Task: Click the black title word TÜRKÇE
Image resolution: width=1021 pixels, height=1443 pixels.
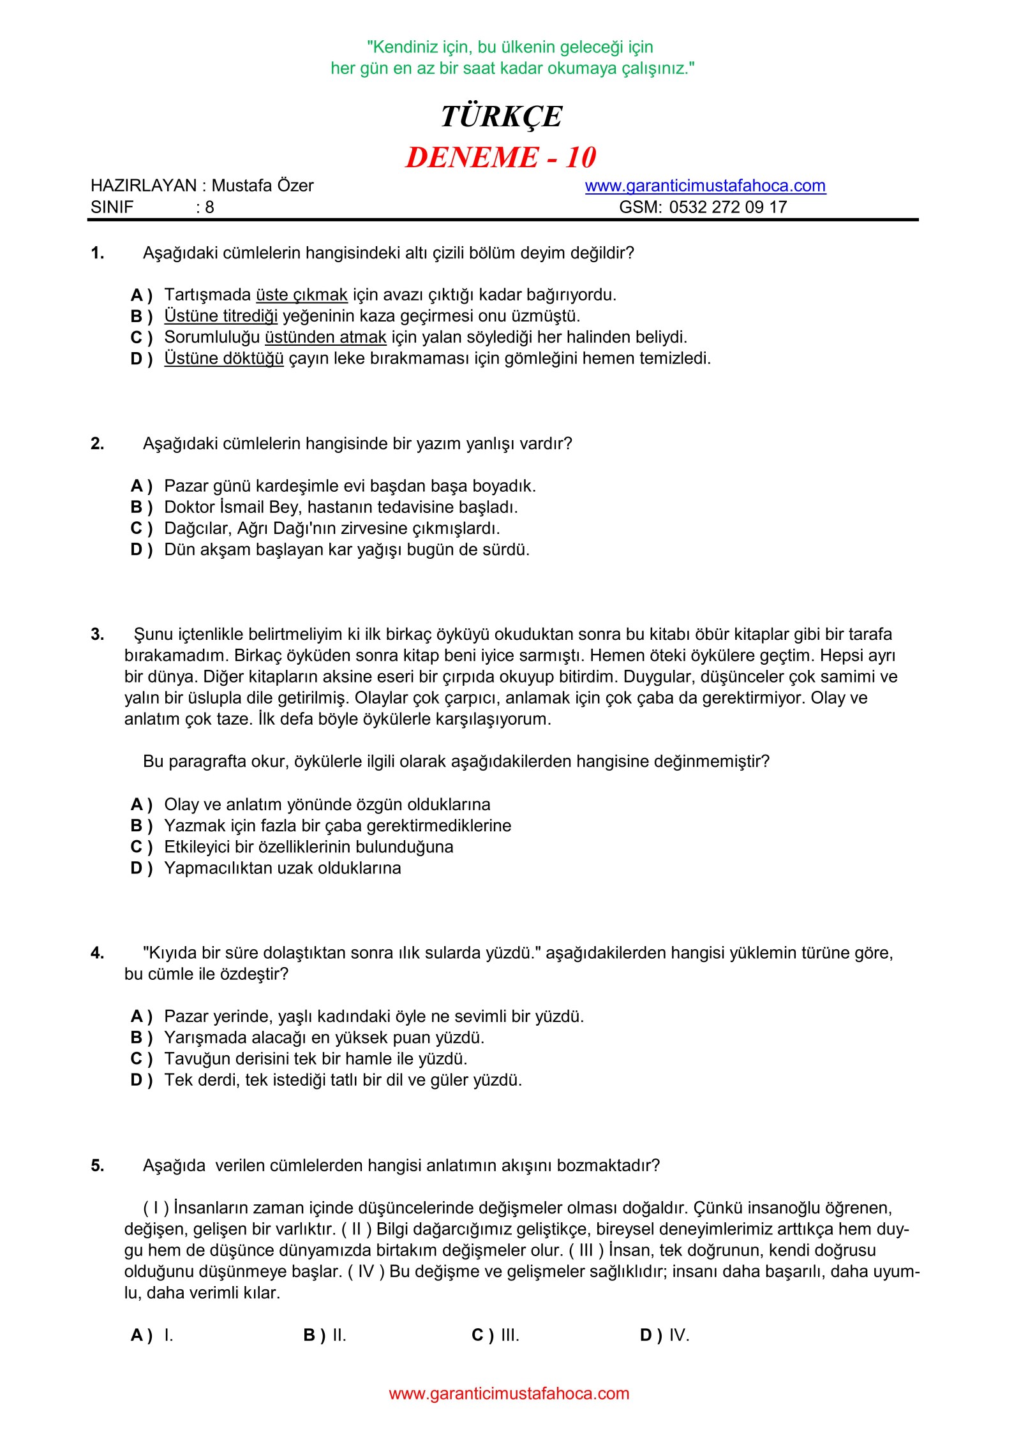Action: click(501, 117)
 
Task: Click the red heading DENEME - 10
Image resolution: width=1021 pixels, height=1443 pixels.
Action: click(501, 158)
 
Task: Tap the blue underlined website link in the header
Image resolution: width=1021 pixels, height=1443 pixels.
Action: click(705, 186)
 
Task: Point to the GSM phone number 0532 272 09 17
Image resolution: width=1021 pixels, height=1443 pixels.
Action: click(727, 207)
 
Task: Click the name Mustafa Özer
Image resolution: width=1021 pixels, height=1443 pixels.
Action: click(262, 186)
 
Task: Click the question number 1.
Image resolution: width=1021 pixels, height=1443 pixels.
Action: click(97, 253)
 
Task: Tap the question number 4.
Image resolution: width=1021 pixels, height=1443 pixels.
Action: click(97, 953)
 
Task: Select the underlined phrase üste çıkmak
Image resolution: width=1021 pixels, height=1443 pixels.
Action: click(301, 295)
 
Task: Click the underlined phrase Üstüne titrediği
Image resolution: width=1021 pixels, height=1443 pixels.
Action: click(221, 316)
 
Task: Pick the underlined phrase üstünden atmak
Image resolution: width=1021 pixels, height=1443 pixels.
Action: click(325, 337)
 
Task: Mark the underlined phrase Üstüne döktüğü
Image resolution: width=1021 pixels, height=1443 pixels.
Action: click(223, 358)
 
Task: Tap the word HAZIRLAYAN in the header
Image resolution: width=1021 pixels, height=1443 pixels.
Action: click(144, 186)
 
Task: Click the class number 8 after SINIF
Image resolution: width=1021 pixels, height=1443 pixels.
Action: click(209, 207)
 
